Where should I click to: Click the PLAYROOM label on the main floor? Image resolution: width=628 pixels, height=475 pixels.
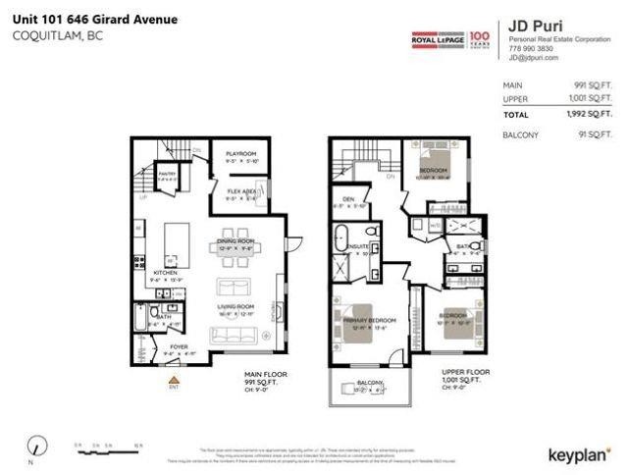click(x=240, y=154)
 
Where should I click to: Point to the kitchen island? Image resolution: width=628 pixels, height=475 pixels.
click(x=178, y=240)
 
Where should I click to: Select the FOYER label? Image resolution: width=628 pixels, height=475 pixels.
click(x=179, y=346)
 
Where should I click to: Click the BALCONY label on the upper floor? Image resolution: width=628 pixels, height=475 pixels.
click(x=368, y=382)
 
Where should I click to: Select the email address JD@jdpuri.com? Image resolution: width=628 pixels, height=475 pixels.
click(x=534, y=58)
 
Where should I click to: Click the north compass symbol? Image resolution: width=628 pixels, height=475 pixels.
click(x=36, y=445)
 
